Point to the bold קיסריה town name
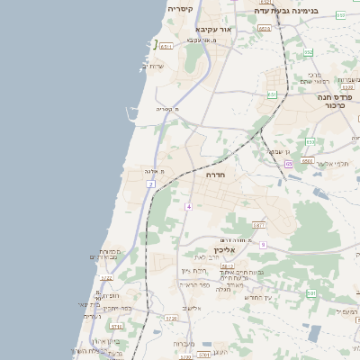coord(180,9)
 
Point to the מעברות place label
coord(184,343)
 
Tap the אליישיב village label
coord(192,309)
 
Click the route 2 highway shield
coord(151,184)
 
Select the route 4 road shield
coord(189,207)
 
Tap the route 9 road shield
coord(263,245)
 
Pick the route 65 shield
coord(289,165)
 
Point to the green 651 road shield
coord(272,94)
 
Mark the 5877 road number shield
coord(258,225)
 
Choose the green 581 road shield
coord(311,293)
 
